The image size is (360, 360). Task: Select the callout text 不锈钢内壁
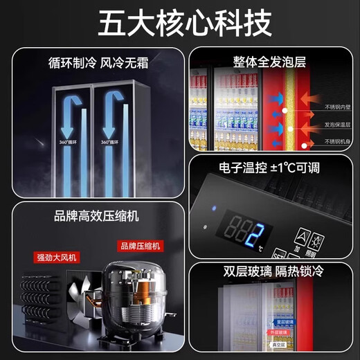click(x=338, y=107)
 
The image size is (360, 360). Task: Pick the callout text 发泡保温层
click(x=338, y=125)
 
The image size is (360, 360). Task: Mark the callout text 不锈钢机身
click(x=338, y=141)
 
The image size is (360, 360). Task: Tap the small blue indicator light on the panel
click(x=213, y=208)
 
